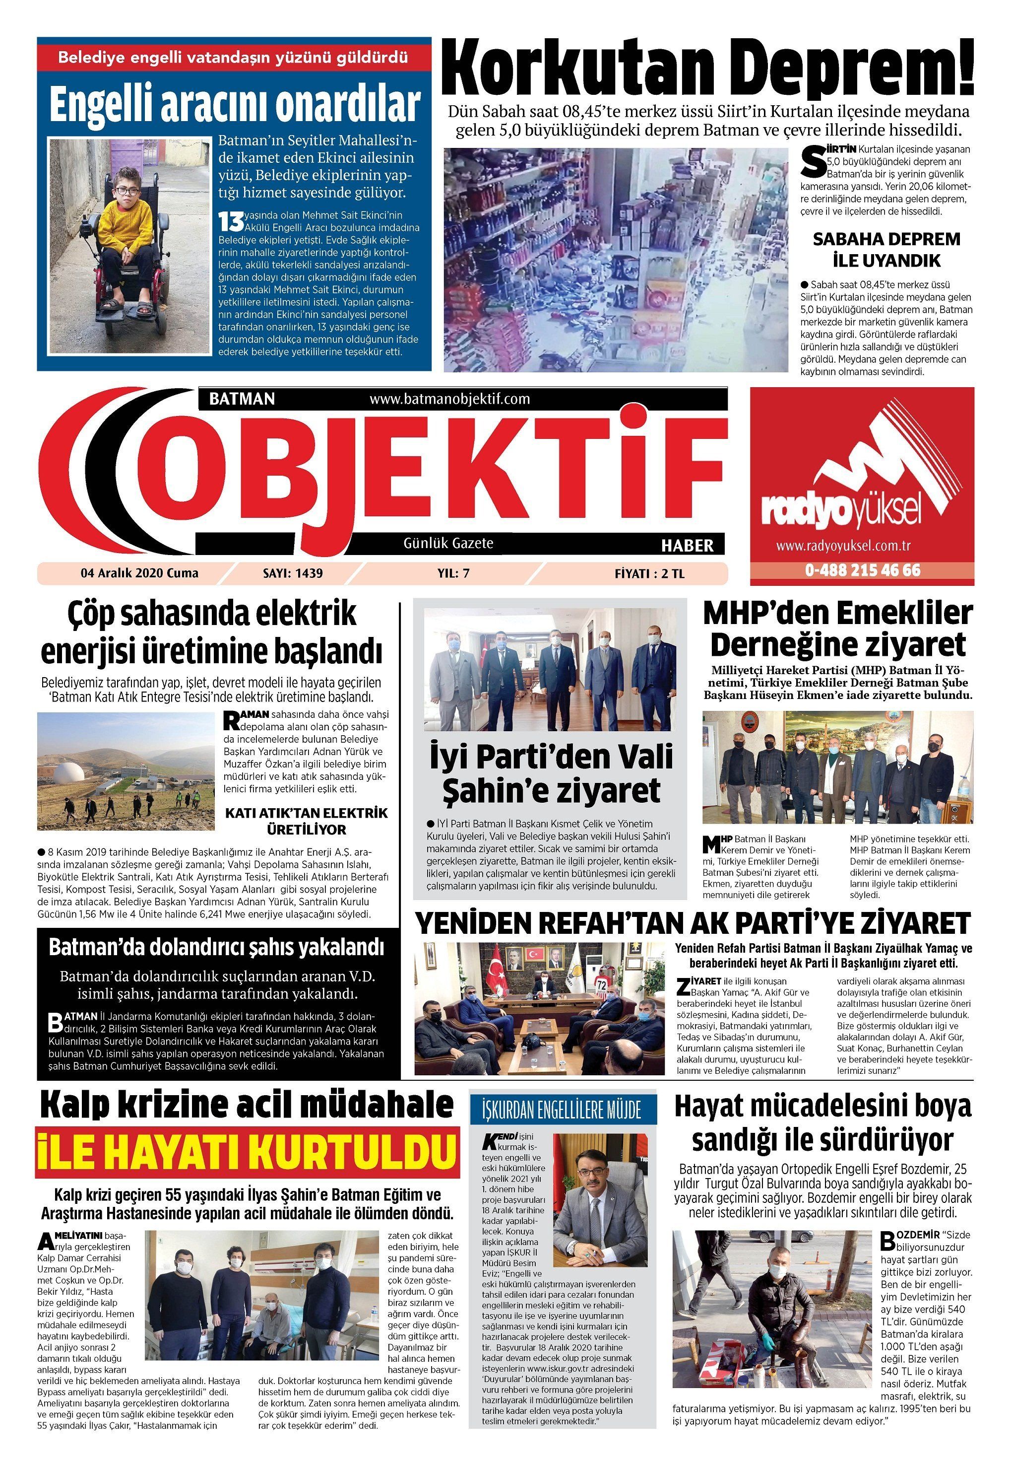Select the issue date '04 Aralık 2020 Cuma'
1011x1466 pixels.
(x=139, y=573)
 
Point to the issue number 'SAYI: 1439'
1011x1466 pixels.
(x=292, y=573)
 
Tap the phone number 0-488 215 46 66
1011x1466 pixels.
(x=863, y=570)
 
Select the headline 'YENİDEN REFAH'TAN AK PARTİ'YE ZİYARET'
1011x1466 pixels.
(x=693, y=923)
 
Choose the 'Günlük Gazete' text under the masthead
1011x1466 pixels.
(x=448, y=543)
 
